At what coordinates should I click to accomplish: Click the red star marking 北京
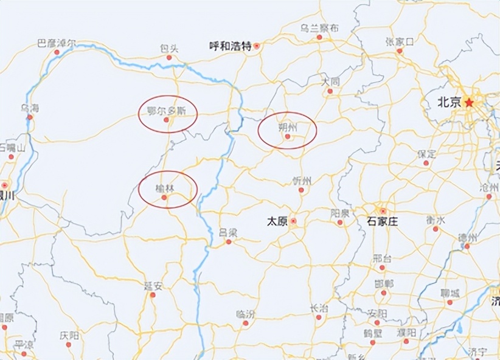tap(469, 103)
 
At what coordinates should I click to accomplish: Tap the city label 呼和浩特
tap(229, 46)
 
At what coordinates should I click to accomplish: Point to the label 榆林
tap(164, 189)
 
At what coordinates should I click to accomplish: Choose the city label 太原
tap(277, 222)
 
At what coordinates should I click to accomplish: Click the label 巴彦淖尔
tap(57, 43)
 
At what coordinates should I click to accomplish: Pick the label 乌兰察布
tap(319, 28)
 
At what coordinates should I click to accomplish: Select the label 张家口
tap(399, 41)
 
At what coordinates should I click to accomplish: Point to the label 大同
tap(331, 81)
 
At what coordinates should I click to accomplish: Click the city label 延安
tap(153, 285)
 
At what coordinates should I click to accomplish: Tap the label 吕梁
tap(229, 232)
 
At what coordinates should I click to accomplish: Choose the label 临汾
tap(246, 314)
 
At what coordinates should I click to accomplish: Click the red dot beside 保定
tap(426, 163)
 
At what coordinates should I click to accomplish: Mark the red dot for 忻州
tap(300, 190)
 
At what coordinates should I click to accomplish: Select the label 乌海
tap(30, 108)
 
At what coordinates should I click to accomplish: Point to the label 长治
tap(319, 308)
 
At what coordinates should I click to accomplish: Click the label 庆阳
tap(69, 335)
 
